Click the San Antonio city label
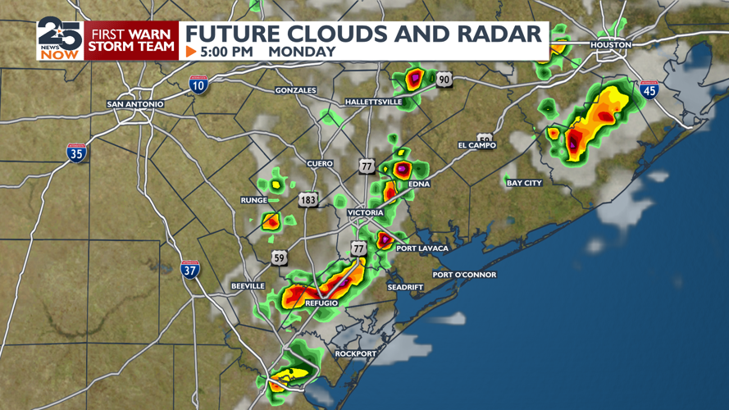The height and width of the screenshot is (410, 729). point(135,104)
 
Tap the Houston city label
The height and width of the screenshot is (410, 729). point(611,44)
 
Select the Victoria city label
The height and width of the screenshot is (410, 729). point(365,212)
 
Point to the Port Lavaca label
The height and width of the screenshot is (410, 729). point(422,248)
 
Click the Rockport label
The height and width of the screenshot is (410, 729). point(355,353)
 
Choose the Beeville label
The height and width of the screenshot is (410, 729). point(248,285)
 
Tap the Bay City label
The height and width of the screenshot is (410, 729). point(524,183)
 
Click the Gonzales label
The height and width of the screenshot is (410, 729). point(295,89)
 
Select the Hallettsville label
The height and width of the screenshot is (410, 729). point(373,102)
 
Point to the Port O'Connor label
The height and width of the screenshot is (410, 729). point(464,275)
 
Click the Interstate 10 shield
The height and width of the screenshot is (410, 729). point(198,84)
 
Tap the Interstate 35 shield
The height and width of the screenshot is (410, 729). point(77,153)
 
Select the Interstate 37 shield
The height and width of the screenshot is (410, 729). point(190,269)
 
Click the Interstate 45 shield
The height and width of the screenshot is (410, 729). point(649,90)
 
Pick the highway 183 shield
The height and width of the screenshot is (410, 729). point(308,200)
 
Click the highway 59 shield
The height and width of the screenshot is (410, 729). point(280,258)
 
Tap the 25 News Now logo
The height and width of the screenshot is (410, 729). point(60,39)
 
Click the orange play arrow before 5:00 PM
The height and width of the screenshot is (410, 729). point(191,52)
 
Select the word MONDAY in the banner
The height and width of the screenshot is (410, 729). point(302,52)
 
